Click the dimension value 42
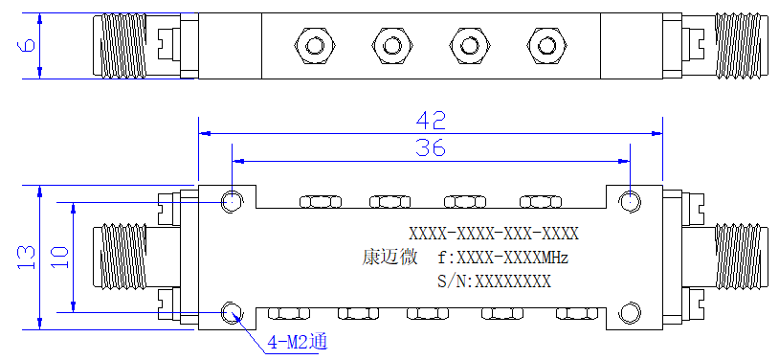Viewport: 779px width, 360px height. (x=431, y=121)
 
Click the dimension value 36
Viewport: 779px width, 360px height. (x=431, y=148)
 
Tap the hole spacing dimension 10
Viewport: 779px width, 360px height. (x=59, y=258)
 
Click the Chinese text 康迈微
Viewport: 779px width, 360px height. (x=390, y=258)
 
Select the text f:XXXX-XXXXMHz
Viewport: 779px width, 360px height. (x=502, y=259)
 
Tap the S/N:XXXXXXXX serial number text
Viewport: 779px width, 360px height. (x=494, y=281)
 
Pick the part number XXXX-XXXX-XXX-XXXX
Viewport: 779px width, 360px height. (x=494, y=234)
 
